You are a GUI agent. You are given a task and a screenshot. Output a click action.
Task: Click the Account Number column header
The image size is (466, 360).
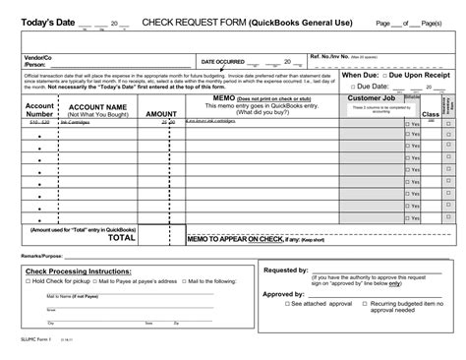tap(39, 108)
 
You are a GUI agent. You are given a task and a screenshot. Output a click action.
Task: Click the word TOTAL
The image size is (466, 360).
tap(122, 237)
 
